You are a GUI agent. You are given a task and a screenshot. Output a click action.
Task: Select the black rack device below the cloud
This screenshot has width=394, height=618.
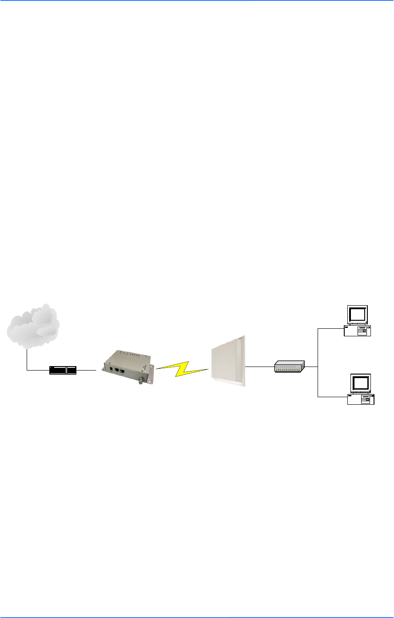tap(63, 370)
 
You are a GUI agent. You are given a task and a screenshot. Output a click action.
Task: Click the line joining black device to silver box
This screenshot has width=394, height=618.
tap(87, 370)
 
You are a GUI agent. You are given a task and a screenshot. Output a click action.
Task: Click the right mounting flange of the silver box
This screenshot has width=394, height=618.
tap(152, 368)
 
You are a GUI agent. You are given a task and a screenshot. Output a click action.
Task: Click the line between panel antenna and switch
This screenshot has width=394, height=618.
tap(259, 367)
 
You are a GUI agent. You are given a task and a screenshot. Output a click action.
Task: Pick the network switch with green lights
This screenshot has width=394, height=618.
tap(289, 367)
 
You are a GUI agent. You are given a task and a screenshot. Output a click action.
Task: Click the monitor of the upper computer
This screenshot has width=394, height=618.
tap(358, 315)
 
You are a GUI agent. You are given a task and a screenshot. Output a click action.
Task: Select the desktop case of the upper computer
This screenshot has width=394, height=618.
tap(358, 331)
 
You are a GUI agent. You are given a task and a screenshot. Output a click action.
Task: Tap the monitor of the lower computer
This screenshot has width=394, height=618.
tap(361, 383)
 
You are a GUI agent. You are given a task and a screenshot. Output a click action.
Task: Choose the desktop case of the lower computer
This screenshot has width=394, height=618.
tap(361, 399)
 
